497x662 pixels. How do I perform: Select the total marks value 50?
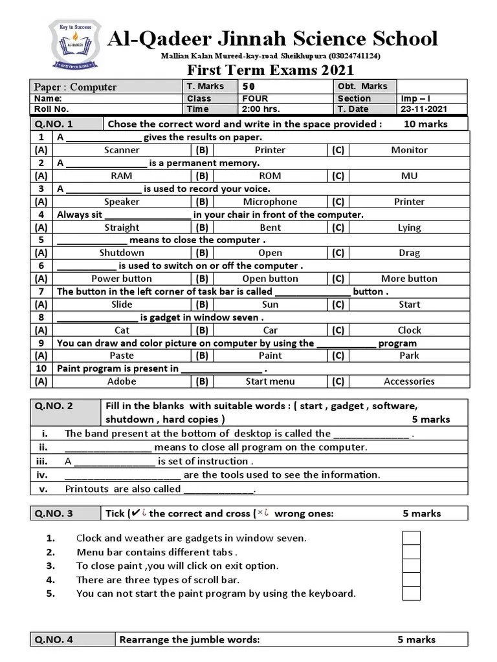pos(248,87)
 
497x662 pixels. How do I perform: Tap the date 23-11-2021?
pos(424,109)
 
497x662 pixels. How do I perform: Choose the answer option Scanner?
pos(122,150)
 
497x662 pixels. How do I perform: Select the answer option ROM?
pos(270,176)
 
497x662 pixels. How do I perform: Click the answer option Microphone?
pos(270,202)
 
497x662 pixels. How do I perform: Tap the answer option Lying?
pos(409,228)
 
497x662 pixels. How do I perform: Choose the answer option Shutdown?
pos(122,253)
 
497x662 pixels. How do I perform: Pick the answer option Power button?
pos(122,279)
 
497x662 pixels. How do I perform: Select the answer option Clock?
pos(409,330)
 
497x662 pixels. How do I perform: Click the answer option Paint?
pos(270,356)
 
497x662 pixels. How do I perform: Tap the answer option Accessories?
pos(409,381)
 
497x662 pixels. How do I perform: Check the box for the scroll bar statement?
pos(412,580)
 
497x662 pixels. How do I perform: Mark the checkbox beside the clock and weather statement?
pos(412,538)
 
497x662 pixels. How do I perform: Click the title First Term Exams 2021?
pos(271,70)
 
